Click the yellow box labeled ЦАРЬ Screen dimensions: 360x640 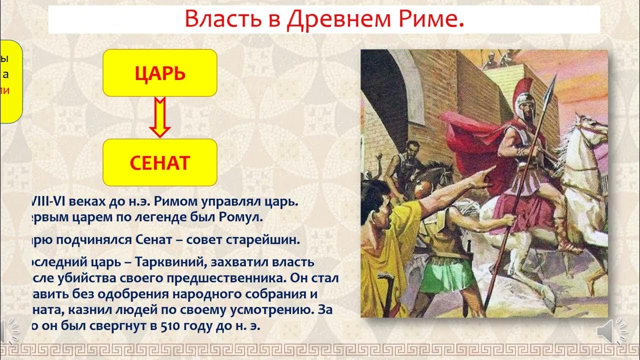click(x=159, y=73)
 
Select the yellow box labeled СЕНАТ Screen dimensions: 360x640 click(x=159, y=162)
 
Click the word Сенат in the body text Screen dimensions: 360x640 click(x=153, y=240)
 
